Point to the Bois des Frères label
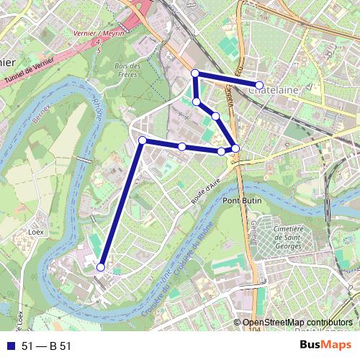[x=127, y=70]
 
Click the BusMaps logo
[x=326, y=346]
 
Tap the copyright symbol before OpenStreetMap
[x=238, y=323]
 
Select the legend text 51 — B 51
[x=47, y=346]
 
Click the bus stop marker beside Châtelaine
[x=259, y=86]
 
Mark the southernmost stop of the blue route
[x=101, y=267]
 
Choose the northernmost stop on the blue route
[x=194, y=73]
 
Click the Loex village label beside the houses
[x=35, y=233]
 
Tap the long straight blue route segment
[x=121, y=204]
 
